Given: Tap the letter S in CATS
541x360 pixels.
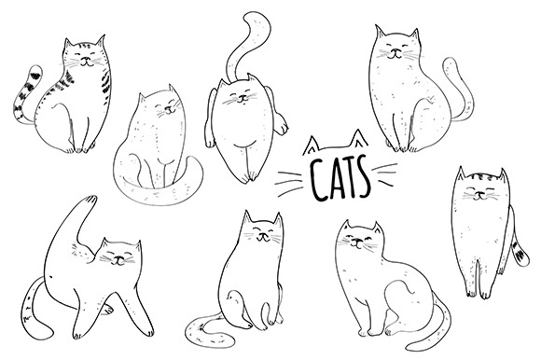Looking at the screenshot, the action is tap(362, 176).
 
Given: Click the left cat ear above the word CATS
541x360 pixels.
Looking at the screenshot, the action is tap(312, 145).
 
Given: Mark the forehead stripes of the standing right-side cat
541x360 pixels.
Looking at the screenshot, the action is tap(480, 178).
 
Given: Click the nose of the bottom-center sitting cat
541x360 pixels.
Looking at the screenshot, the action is tap(262, 236).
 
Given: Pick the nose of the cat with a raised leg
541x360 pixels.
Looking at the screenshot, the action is tap(118, 258).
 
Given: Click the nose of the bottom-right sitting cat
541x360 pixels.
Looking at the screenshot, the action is tap(356, 241).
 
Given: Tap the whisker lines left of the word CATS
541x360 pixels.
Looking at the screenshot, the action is tap(289, 183).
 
